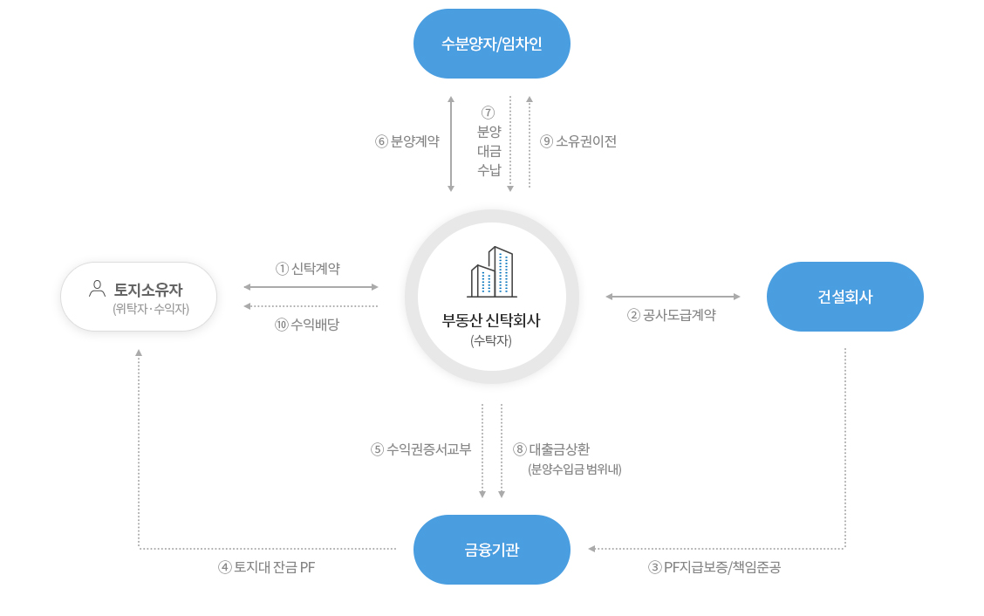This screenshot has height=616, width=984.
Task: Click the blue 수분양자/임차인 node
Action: [491, 44]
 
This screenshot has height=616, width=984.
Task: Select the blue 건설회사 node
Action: [844, 297]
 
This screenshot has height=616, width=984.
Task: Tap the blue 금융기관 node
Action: [491, 550]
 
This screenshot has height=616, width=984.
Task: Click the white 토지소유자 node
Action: [139, 297]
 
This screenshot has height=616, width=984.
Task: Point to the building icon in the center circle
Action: [492, 272]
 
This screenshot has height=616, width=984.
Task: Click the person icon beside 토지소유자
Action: [97, 289]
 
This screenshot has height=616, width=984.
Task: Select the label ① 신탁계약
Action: [307, 269]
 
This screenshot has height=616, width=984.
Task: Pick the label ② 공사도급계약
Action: [672, 315]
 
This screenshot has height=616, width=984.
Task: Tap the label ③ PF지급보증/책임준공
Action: [714, 568]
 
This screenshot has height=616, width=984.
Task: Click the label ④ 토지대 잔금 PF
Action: [267, 568]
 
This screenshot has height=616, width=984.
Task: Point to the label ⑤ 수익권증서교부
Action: [420, 449]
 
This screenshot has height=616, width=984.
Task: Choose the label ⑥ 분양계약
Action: [407, 141]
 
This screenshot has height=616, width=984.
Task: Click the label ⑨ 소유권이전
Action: [578, 141]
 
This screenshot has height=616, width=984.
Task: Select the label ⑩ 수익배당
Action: [307, 325]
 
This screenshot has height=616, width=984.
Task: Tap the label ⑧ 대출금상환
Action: [551, 449]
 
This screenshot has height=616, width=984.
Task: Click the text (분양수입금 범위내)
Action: [575, 469]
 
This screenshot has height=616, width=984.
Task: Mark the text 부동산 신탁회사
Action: [491, 320]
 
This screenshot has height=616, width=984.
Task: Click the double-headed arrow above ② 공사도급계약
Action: [673, 297]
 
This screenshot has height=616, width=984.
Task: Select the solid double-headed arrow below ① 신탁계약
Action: [311, 287]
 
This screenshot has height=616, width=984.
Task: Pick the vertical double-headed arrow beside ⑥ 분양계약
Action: [451, 144]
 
